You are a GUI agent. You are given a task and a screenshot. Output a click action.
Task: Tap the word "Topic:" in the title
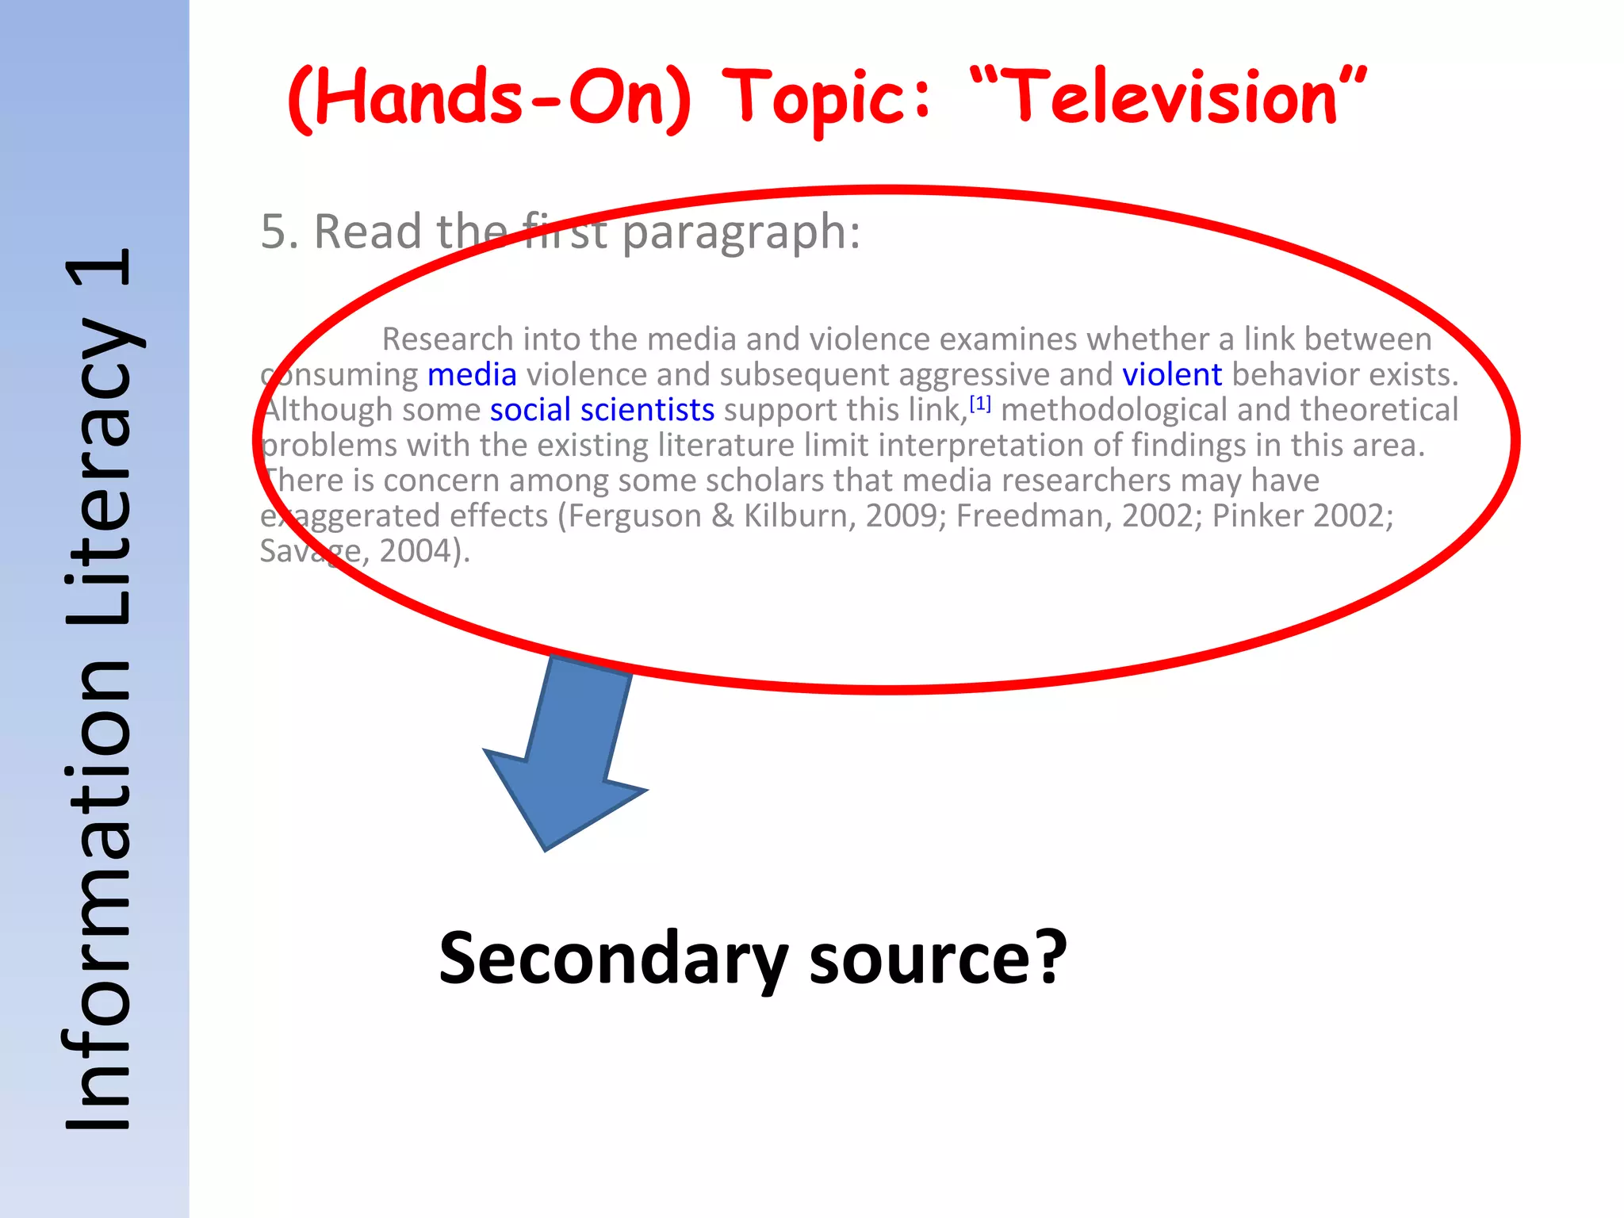click(x=828, y=98)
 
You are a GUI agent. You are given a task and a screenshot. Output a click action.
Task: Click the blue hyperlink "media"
click(x=472, y=374)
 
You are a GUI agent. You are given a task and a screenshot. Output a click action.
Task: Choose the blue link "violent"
click(x=1171, y=374)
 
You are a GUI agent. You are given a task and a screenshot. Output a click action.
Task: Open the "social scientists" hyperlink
click(x=602, y=410)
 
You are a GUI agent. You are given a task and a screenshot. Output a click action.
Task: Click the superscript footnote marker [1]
click(x=980, y=404)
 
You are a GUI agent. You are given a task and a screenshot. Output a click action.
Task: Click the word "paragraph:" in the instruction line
click(x=741, y=233)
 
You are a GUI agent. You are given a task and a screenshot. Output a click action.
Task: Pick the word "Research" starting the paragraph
click(x=448, y=339)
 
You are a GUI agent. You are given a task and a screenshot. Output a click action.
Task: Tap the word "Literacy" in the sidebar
click(x=99, y=472)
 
